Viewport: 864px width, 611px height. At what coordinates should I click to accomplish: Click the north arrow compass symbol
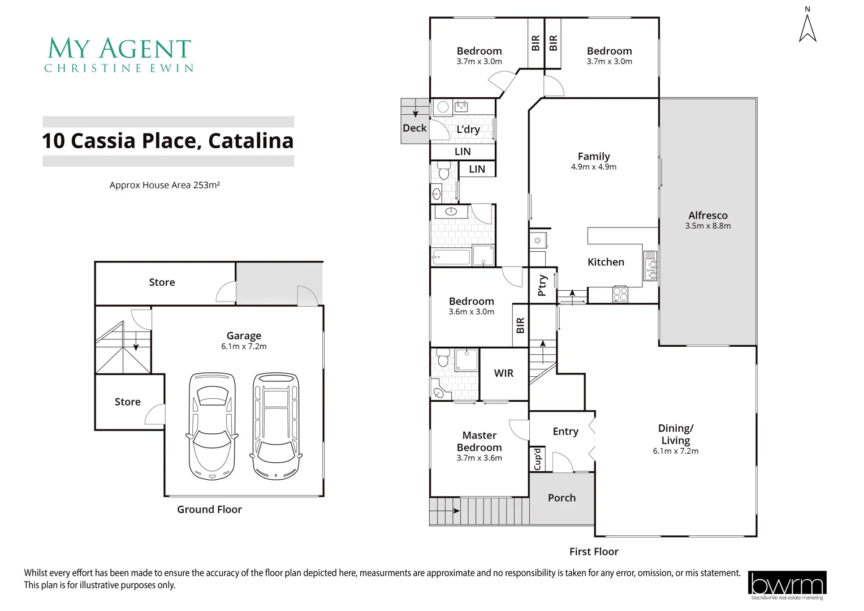[807, 27]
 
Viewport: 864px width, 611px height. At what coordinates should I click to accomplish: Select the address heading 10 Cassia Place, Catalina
[168, 141]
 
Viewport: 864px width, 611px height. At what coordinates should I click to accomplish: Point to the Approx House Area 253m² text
[165, 185]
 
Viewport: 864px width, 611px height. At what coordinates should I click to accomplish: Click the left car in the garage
[212, 426]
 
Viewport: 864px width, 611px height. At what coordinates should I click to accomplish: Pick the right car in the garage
[276, 426]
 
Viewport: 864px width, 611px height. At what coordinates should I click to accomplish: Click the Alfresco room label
[708, 216]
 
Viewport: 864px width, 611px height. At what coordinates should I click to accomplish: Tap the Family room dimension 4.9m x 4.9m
[594, 167]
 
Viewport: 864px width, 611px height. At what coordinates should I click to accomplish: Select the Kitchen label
[606, 262]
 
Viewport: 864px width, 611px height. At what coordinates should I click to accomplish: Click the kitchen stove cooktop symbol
[620, 294]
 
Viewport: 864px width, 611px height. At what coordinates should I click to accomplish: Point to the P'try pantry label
[542, 286]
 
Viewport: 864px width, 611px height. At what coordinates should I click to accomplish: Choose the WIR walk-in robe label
[504, 373]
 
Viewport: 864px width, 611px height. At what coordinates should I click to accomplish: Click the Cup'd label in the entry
[538, 459]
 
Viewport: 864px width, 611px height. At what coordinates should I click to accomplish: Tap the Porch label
[561, 498]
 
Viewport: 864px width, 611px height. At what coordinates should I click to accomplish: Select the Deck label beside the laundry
[414, 128]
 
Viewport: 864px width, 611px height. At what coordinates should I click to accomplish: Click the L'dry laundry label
[468, 130]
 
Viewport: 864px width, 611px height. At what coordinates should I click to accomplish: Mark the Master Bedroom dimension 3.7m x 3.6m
[479, 458]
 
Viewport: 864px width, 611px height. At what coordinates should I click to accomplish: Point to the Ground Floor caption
[209, 510]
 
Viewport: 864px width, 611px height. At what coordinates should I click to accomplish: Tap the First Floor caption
[594, 552]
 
